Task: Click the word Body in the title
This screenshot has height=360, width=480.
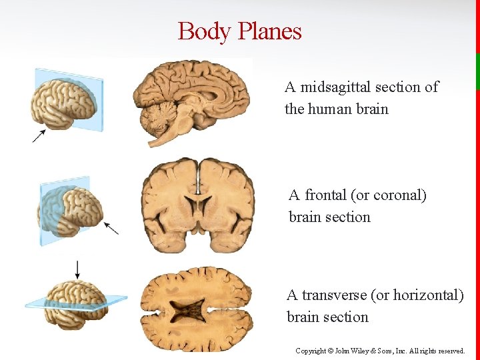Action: (202, 31)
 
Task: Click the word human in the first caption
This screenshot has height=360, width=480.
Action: (327, 109)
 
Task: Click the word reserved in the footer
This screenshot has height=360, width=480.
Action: (451, 351)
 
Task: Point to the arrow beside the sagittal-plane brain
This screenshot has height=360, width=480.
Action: (39, 135)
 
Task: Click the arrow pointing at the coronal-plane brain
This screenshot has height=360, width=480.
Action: (111, 227)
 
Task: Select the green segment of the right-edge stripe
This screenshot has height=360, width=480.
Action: (477, 71)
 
